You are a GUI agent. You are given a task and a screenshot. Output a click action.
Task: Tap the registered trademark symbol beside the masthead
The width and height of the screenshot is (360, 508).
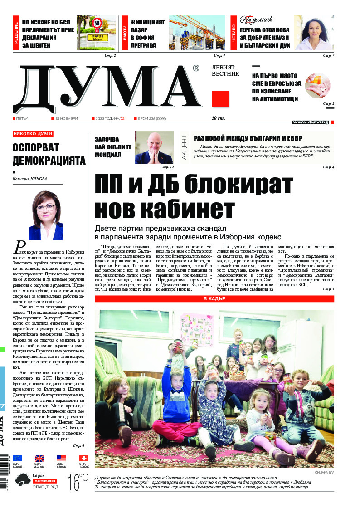tap(195, 68)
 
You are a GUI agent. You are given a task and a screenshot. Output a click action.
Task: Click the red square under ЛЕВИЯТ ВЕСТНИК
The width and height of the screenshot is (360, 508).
tap(220, 99)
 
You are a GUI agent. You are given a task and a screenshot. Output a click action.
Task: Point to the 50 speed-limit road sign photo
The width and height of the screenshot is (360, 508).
tap(96, 34)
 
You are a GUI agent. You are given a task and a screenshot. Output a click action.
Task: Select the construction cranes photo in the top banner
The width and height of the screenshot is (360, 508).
tap(197, 34)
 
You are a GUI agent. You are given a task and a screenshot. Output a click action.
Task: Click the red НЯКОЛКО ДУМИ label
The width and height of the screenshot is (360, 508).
tap(33, 134)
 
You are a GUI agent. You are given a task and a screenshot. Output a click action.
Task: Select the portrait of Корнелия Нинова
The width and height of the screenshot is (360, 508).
tap(46, 215)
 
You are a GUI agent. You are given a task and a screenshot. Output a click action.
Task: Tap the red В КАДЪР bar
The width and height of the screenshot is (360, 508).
tap(214, 299)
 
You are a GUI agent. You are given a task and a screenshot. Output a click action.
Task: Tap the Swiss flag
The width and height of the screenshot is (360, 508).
tap(83, 458)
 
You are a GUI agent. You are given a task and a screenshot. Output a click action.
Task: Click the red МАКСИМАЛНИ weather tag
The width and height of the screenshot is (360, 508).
tap(44, 480)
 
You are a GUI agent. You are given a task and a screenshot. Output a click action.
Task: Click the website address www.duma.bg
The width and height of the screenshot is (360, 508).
tap(310, 122)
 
